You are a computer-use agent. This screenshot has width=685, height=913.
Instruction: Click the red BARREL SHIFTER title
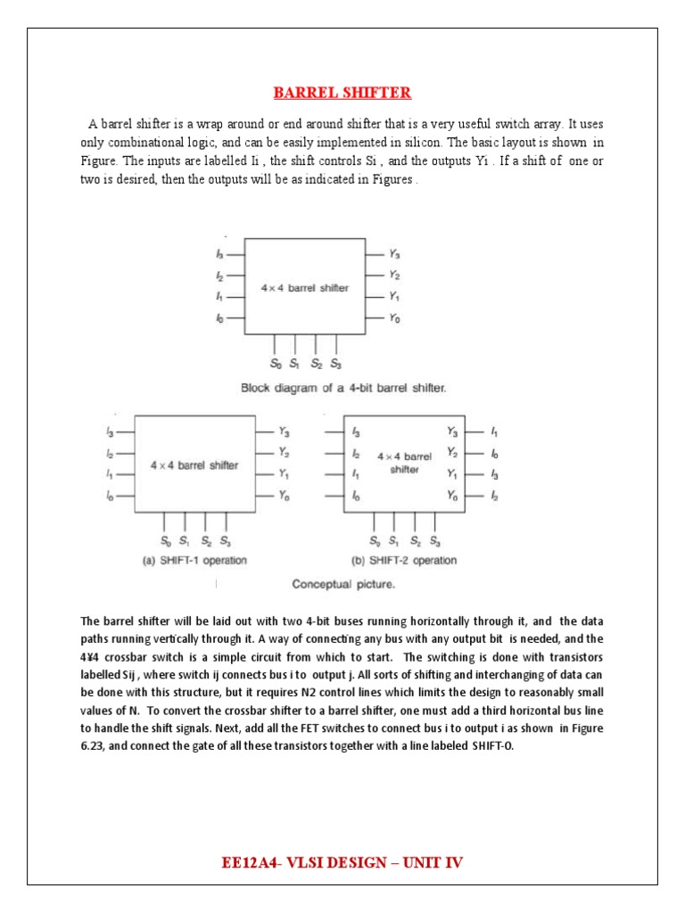(342, 93)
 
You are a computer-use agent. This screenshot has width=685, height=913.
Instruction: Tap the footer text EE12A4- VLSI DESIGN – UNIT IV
(342, 862)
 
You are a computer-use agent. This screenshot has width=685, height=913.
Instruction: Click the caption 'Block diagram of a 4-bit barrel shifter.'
(343, 388)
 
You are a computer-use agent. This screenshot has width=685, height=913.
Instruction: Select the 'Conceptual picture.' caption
(343, 585)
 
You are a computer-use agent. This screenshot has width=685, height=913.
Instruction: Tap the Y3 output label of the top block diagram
(394, 254)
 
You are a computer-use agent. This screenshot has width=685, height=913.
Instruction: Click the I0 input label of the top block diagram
(219, 318)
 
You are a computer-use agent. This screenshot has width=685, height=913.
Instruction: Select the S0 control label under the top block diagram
(275, 364)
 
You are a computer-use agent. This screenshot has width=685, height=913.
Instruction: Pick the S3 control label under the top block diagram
(335, 364)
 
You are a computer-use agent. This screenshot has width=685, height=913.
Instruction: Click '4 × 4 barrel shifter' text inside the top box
(305, 288)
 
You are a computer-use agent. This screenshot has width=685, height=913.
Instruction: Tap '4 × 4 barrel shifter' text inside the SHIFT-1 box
(194, 465)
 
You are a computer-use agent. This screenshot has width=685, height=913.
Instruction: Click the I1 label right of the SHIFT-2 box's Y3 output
(495, 432)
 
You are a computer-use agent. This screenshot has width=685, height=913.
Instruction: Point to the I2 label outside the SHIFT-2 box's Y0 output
(495, 495)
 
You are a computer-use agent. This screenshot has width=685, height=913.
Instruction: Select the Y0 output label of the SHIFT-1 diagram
(284, 496)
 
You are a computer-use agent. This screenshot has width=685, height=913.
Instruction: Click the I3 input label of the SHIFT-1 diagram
(110, 432)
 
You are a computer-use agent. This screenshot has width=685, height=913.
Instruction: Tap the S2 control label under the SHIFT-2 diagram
(415, 541)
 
